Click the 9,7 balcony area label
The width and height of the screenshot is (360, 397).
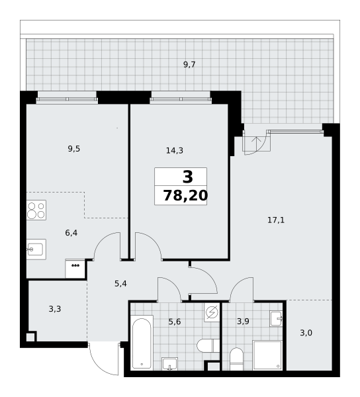point(189,65)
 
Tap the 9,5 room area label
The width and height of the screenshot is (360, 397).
point(74,149)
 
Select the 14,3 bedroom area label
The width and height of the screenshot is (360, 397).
point(175,151)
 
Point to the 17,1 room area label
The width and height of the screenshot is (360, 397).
point(276,220)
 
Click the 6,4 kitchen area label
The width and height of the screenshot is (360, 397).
point(71,233)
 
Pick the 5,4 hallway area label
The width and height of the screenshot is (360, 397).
point(120,284)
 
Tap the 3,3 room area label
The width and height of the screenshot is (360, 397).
point(55,309)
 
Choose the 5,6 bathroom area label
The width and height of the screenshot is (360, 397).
point(175,322)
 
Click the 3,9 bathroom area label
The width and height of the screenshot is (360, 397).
point(243,322)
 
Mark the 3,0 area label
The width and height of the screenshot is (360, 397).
point(306,333)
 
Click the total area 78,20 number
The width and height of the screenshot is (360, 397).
point(185,196)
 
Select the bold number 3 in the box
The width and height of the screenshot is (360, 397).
point(187,177)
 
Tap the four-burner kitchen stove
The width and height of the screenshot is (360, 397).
point(36,210)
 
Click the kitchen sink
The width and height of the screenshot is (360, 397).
point(36,249)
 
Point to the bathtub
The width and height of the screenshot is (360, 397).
point(142,343)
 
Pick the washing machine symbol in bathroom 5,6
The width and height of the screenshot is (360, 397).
point(212,312)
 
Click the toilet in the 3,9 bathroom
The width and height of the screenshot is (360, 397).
point(236,359)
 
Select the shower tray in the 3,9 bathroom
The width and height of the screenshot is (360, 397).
point(267,355)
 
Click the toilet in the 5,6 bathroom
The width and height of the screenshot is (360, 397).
point(208,345)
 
